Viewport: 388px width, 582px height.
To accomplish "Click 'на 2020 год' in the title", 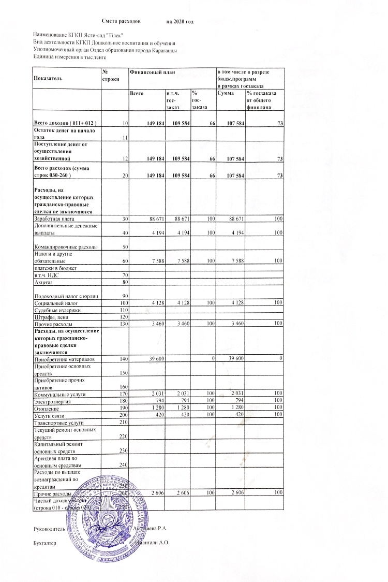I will (180, 21).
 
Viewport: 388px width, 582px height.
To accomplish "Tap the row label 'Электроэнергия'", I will (50, 401).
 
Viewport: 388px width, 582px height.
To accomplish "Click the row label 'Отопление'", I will (46, 408).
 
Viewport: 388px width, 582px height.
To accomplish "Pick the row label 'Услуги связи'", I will (48, 415).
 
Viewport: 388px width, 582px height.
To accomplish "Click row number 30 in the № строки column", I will (125, 220).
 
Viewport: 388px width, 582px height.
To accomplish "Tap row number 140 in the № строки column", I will (123, 358).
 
